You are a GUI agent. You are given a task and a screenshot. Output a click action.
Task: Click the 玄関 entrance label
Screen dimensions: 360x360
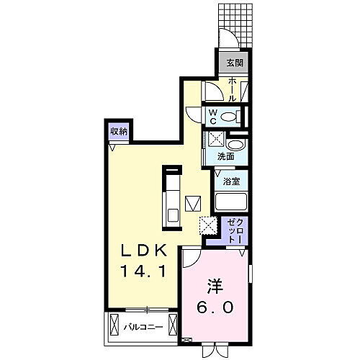pyautogui.click(x=235, y=62)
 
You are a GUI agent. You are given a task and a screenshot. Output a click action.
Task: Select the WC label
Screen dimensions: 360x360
pyautogui.click(x=215, y=115)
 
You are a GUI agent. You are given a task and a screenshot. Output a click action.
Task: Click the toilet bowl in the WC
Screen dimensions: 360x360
pyautogui.click(x=230, y=116)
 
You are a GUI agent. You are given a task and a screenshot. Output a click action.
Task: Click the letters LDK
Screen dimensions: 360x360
pyautogui.click(x=143, y=251)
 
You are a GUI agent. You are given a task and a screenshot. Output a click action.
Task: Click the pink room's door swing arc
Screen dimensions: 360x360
pyautogui.click(x=192, y=259)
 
